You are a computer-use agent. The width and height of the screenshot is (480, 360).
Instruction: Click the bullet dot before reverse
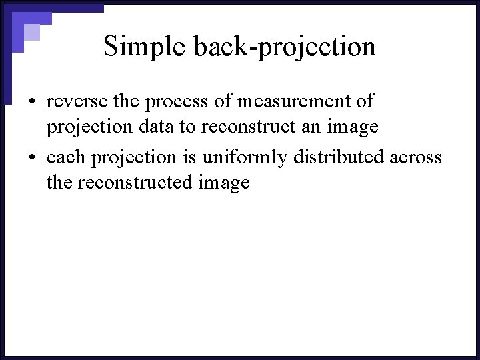[x=31, y=102]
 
